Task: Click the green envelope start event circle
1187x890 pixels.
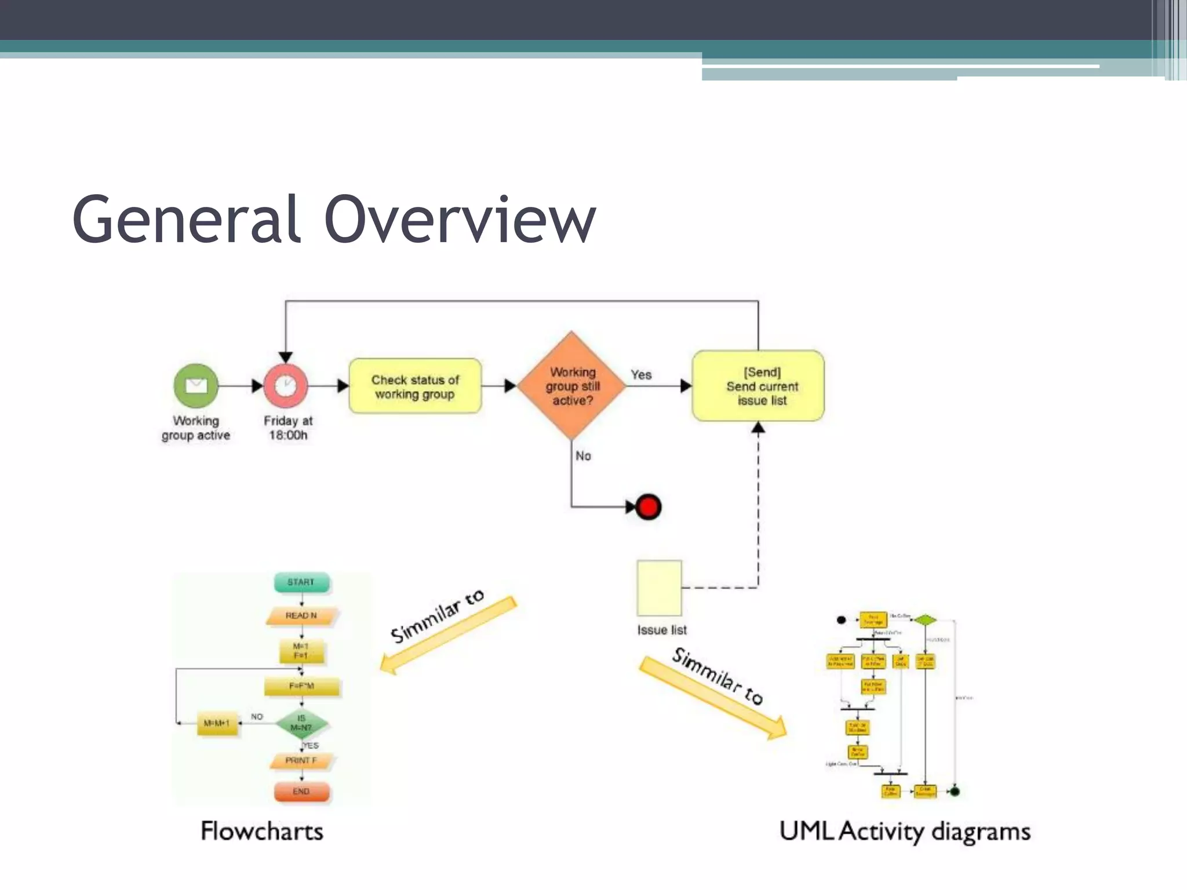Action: point(196,385)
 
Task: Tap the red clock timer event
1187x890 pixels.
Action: point(285,386)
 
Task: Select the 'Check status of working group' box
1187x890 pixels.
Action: point(415,386)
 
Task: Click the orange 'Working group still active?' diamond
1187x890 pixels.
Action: point(571,386)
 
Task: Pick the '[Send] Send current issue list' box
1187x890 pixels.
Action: point(758,386)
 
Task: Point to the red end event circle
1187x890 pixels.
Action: point(648,507)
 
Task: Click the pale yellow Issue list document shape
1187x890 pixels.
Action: point(659,588)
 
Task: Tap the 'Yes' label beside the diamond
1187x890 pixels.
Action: point(641,375)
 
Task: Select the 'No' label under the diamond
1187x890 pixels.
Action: point(583,456)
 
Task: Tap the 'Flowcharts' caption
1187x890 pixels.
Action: point(262,831)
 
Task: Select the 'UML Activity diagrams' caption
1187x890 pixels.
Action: point(905,831)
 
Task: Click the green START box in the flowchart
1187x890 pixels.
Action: point(301,582)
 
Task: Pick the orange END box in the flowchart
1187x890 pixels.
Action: point(301,791)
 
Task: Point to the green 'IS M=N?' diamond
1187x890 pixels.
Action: point(301,723)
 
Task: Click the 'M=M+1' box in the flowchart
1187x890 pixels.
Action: point(217,723)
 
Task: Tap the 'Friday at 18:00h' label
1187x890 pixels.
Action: point(288,428)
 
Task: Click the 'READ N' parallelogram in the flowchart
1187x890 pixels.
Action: point(301,616)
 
